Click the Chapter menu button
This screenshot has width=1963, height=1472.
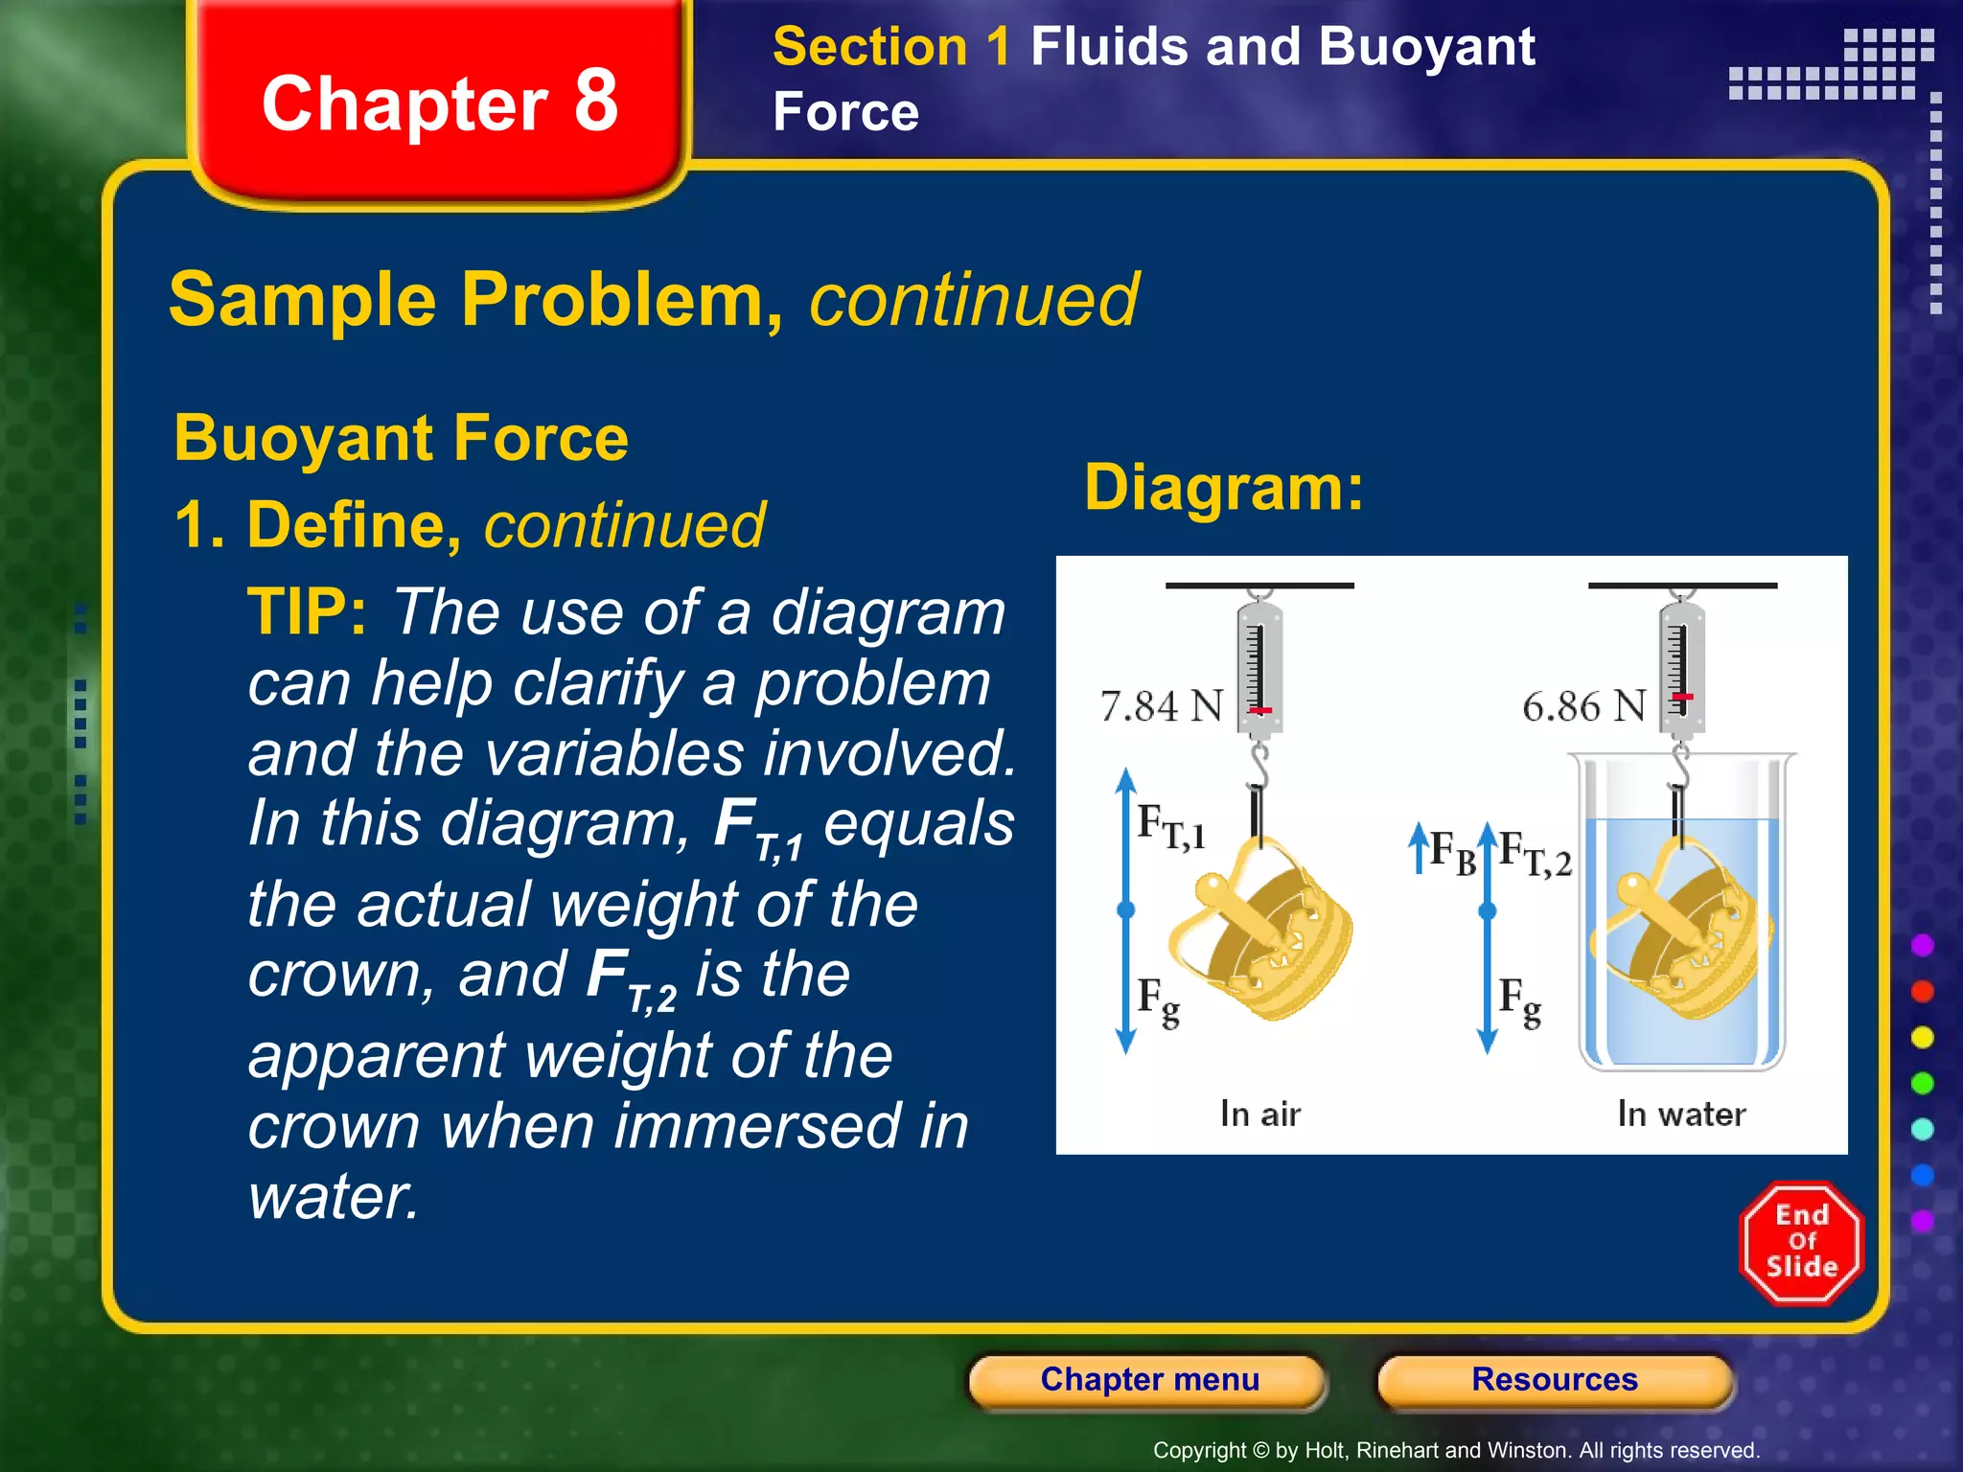1148,1380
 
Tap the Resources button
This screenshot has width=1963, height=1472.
1554,1380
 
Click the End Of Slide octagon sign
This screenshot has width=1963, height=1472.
1801,1242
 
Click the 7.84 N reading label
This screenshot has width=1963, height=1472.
1162,706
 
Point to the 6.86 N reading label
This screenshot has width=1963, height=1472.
1583,706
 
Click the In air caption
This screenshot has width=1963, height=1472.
1259,1114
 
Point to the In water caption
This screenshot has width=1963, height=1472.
1681,1114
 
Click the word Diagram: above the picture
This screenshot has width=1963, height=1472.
1224,488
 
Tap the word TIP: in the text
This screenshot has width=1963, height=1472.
307,612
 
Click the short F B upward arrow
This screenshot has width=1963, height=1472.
1418,849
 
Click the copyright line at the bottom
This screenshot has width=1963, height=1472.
1456,1450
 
